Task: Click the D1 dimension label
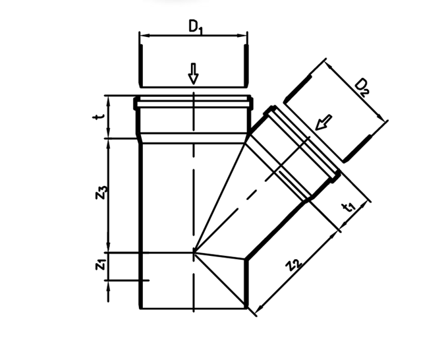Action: pos(196,27)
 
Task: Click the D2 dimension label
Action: pos(362,87)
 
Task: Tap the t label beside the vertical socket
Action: pos(99,117)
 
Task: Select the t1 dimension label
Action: pos(349,207)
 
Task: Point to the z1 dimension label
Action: pos(101,265)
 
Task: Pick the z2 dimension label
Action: pos(294,264)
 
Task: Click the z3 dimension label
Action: pos(101,193)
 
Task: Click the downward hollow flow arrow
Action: pos(194,74)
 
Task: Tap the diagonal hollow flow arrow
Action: pos(323,122)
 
